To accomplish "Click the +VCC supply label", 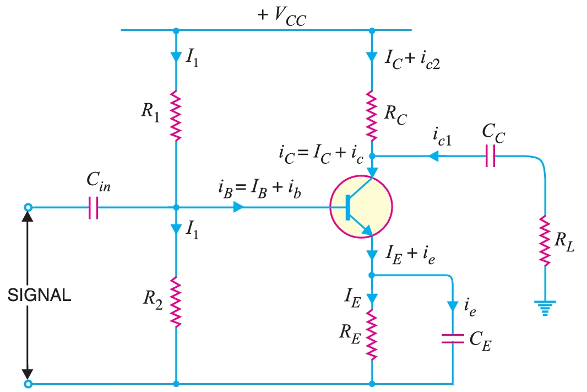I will (x=282, y=18).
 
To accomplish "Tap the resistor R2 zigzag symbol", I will (x=176, y=302).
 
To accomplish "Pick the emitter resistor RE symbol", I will (x=372, y=334).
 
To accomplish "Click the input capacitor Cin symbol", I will (x=93, y=208).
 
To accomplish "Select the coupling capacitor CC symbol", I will (x=491, y=156).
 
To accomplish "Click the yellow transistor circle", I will (x=361, y=207).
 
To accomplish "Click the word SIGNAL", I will (x=40, y=296).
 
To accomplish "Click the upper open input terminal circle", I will (x=28, y=208).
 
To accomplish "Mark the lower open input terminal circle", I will (x=28, y=383).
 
